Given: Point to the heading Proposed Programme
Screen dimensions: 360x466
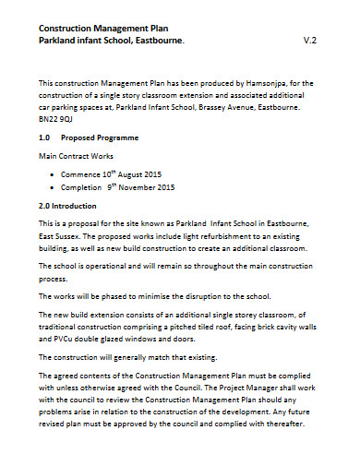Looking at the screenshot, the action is click(x=108, y=137).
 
